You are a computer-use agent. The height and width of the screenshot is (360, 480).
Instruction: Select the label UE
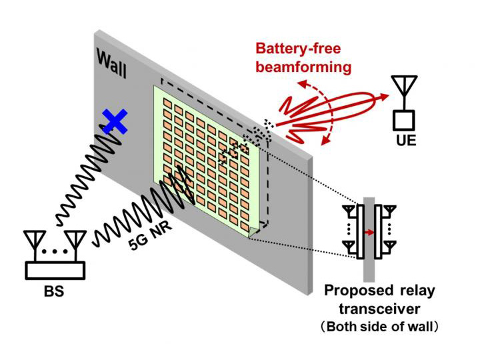point(405,141)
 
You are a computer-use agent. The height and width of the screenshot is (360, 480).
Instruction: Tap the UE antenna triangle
point(403,86)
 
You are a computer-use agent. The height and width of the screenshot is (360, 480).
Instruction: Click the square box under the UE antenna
point(403,119)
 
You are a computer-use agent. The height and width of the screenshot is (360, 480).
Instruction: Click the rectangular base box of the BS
point(55,270)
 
